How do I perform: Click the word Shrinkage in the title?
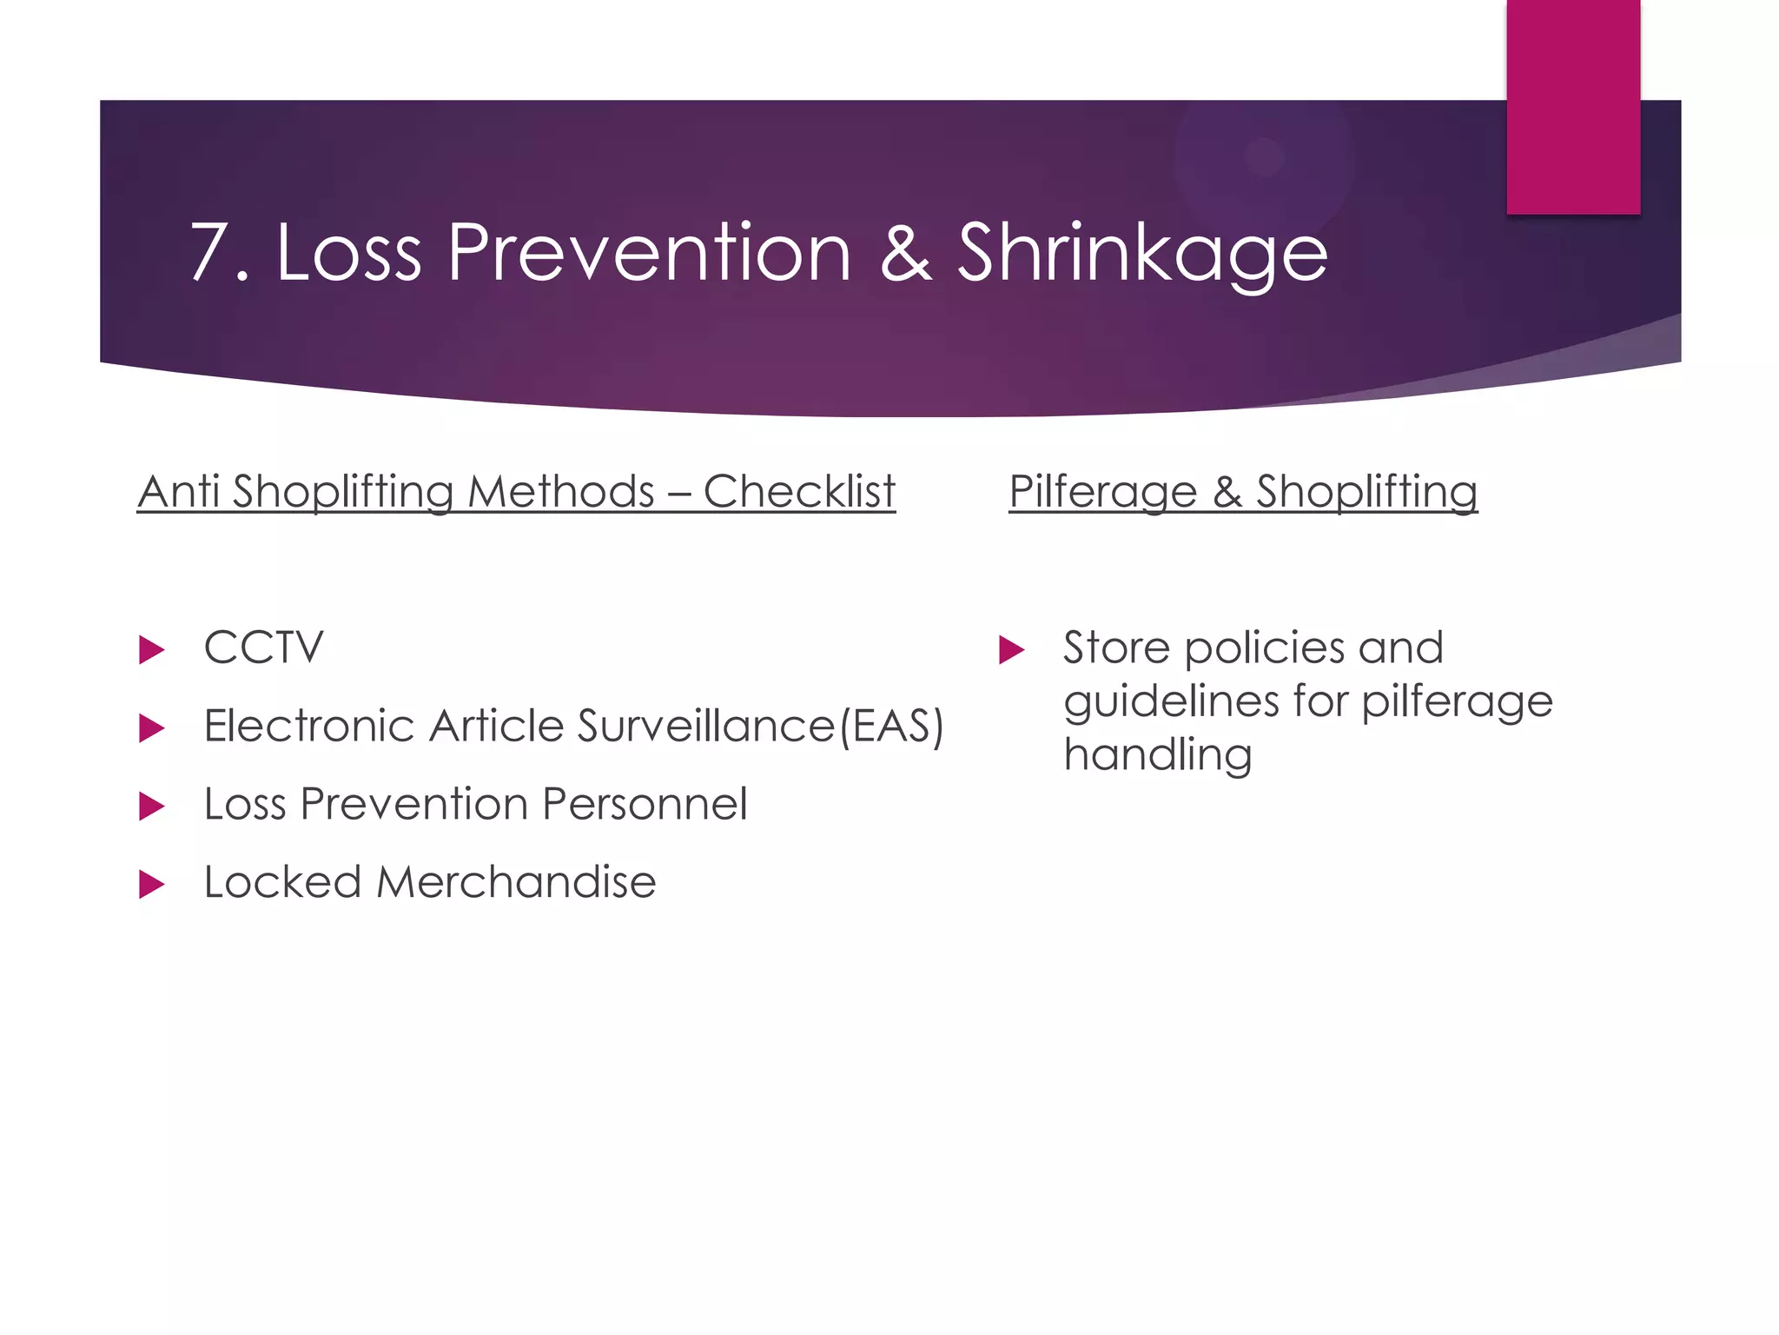(x=1142, y=253)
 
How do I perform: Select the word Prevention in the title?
(x=649, y=253)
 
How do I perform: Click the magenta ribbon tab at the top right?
(x=1573, y=107)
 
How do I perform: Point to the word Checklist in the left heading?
(x=799, y=492)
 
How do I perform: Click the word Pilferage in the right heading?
(x=1103, y=492)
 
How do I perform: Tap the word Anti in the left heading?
(x=178, y=492)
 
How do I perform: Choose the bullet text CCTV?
(x=263, y=648)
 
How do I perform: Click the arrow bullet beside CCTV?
(x=151, y=650)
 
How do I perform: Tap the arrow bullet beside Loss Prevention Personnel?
(x=151, y=807)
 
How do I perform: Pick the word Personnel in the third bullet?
(x=644, y=805)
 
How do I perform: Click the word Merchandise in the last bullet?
(x=516, y=883)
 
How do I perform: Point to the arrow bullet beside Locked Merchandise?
(x=151, y=885)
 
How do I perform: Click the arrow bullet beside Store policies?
(x=1011, y=650)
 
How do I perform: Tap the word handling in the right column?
(x=1157, y=754)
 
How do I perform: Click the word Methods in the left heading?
(x=561, y=492)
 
